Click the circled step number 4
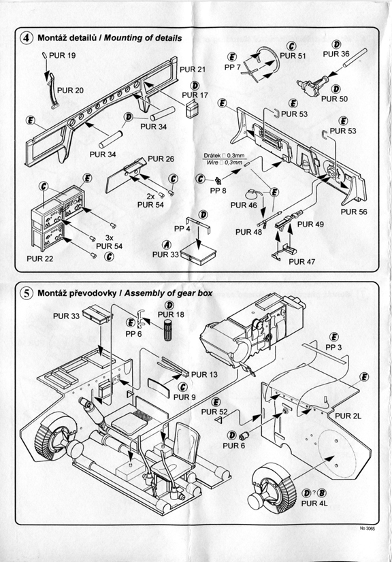[27, 38]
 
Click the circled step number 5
[27, 293]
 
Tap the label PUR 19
[62, 56]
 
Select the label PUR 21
[193, 69]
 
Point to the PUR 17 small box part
[193, 109]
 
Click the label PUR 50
[334, 99]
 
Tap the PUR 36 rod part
[355, 57]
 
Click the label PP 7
[232, 67]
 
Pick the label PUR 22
[39, 259]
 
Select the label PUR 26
[161, 159]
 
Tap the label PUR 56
[354, 212]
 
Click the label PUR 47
[302, 262]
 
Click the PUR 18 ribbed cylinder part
[169, 330]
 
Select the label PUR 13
[204, 374]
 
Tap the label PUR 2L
[348, 416]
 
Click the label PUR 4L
[314, 503]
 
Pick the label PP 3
[333, 348]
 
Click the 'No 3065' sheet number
[367, 529]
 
